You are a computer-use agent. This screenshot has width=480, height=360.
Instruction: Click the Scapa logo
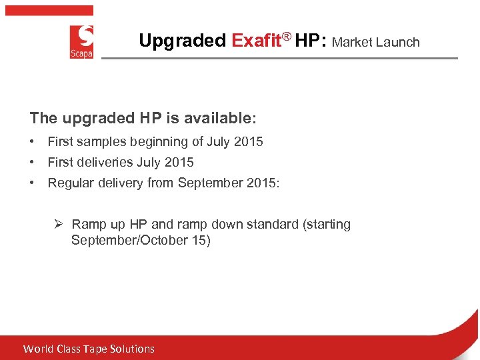tap(81, 41)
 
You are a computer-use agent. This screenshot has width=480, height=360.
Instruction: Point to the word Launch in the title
tap(398, 42)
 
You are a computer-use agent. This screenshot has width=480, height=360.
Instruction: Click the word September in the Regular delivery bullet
tap(211, 183)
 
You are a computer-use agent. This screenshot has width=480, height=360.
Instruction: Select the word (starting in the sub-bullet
tap(327, 224)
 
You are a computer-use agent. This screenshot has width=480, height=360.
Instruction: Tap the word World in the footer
tap(38, 349)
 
